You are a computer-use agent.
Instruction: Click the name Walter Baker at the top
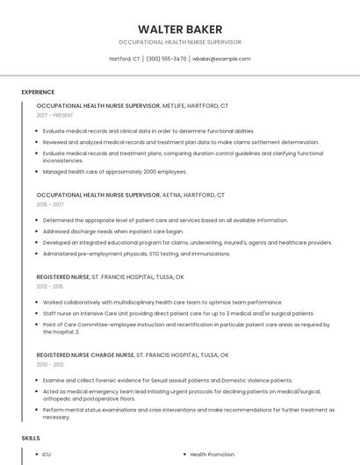(179, 29)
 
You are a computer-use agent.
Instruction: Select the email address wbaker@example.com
(221, 59)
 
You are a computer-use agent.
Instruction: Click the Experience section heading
(38, 91)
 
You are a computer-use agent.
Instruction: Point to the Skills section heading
(31, 438)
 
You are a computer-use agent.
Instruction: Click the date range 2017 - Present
(54, 115)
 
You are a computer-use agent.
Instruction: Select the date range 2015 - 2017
(50, 204)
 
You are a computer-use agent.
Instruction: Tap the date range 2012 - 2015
(50, 286)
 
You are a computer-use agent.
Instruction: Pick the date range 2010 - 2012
(50, 363)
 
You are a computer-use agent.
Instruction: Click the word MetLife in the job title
(177, 105)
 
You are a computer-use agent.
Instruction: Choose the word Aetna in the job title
(175, 195)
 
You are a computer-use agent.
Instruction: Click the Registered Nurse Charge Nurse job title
(86, 354)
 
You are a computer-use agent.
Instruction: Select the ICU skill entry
(47, 454)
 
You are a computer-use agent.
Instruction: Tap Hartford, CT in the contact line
(125, 59)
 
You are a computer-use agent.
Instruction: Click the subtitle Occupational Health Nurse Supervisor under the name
(179, 42)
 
